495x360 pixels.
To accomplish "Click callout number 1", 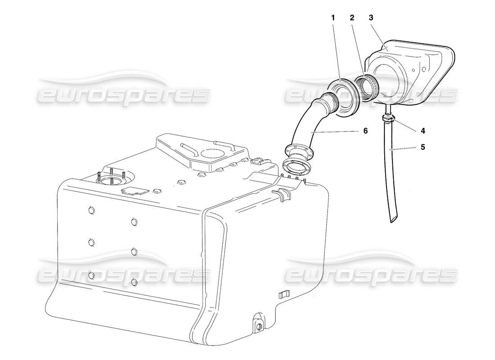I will tap(333, 18).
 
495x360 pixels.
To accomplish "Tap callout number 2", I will tap(352, 18).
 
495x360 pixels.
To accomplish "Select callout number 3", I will tap(371, 18).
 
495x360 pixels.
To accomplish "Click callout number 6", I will tap(365, 131).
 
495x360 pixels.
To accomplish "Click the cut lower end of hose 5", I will tap(394, 218).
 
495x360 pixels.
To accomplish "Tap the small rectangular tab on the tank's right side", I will tap(283, 295).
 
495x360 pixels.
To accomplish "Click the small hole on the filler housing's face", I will tap(423, 70).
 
